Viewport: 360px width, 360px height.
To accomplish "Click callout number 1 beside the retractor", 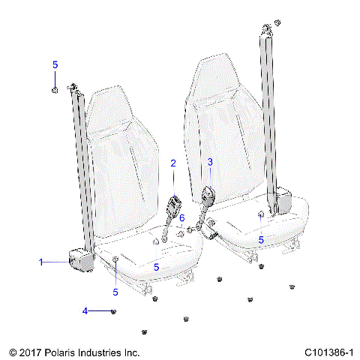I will point(42,262).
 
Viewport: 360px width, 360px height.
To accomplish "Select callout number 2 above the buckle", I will point(173,163).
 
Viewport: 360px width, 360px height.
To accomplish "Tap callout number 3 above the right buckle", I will point(210,162).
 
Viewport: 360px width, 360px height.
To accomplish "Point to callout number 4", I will point(85,310).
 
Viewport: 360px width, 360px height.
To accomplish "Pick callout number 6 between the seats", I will point(181,217).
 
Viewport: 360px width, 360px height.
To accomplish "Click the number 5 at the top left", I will point(55,65).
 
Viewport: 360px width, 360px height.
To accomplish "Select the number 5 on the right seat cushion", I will point(261,240).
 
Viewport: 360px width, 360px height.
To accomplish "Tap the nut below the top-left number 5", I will point(55,91).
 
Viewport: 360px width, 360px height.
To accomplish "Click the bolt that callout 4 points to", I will point(112,311).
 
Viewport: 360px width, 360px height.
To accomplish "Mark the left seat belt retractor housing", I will point(80,259).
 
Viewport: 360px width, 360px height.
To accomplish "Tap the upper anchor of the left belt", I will point(73,88).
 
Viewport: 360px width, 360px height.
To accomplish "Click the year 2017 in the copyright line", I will point(30,351).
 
